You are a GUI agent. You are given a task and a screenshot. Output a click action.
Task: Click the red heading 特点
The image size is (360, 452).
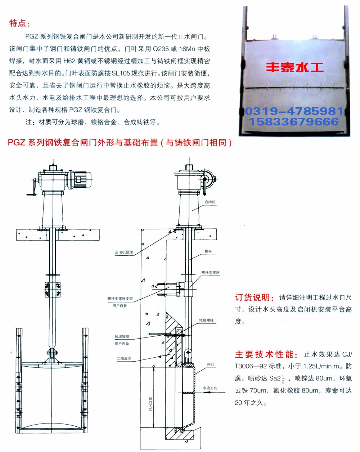(19, 23)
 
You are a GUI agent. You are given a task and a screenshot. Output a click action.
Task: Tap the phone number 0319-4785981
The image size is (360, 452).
(294, 111)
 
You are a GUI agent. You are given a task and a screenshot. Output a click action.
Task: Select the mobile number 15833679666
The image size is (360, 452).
(294, 122)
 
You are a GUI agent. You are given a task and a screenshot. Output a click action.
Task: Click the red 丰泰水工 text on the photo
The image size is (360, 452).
(295, 67)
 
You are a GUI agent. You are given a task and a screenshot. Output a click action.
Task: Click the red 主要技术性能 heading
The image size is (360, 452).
(266, 354)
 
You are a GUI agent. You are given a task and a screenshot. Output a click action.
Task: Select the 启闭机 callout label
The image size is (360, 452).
(210, 202)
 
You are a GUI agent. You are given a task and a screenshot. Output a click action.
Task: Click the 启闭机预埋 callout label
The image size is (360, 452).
(124, 252)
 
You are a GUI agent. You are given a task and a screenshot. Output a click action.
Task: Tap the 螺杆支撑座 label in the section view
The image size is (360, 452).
(210, 273)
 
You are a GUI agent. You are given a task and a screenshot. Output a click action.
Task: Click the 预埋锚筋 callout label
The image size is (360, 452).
(122, 336)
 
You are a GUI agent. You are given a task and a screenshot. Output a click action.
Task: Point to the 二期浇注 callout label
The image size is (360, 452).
(124, 358)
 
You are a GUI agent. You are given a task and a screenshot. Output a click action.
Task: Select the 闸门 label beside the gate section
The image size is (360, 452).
(211, 364)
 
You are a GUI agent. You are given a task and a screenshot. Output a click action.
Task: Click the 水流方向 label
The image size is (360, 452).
(210, 388)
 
